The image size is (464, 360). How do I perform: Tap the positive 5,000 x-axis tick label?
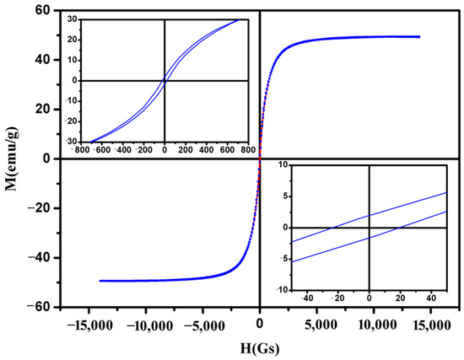coord(316,325)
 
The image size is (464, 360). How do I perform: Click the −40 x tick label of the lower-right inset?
coord(306,298)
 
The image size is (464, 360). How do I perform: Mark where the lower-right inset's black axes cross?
coord(370,228)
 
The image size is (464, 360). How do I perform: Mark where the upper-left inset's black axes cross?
coord(164,80)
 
